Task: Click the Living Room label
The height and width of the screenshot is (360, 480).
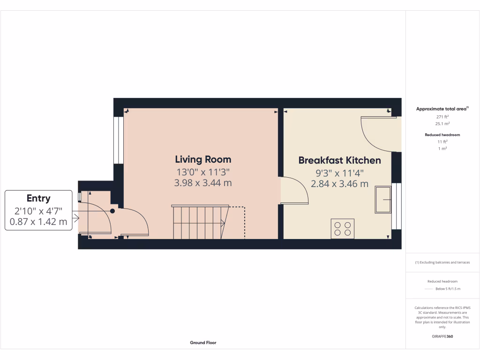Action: click(203, 159)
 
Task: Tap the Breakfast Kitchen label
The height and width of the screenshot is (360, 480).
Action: click(339, 160)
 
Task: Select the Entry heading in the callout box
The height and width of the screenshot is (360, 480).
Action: click(38, 198)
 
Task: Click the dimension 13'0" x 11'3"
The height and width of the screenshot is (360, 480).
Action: click(203, 172)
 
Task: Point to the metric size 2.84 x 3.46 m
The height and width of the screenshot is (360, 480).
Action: click(339, 184)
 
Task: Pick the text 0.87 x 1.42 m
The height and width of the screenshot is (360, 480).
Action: click(38, 221)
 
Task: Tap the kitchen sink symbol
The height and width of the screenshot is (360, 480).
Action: click(383, 199)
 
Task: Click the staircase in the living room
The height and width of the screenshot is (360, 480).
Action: click(200, 223)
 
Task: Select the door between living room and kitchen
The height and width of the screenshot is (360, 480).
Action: click(293, 190)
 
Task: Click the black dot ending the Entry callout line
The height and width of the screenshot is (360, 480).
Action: click(112, 211)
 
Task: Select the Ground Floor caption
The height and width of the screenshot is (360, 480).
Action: click(203, 343)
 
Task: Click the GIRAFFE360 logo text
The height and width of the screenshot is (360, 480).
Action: click(442, 336)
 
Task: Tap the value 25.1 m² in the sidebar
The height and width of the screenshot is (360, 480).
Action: click(442, 124)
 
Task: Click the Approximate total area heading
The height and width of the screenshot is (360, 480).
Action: click(442, 109)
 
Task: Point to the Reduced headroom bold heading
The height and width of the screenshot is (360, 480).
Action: click(442, 135)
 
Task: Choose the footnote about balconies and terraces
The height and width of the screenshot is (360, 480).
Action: click(442, 262)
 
